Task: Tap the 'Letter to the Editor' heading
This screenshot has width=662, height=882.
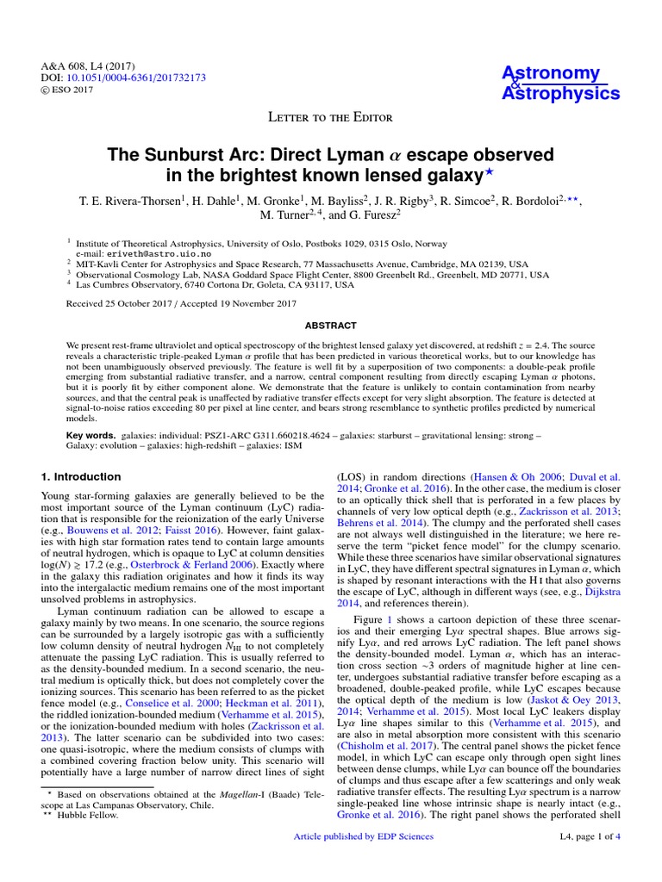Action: (x=330, y=117)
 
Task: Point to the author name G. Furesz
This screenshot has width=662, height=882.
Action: (x=369, y=214)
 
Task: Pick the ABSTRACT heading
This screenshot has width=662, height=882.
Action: (x=331, y=326)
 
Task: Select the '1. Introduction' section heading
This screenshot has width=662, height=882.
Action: (x=82, y=476)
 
